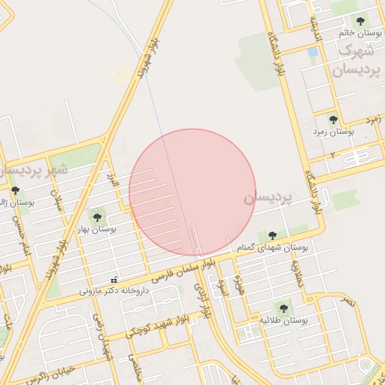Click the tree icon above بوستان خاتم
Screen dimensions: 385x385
pyautogui.click(x=360, y=21)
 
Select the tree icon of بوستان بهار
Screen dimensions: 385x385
pyautogui.click(x=95, y=217)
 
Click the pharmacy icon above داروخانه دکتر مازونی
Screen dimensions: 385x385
pyautogui.click(x=114, y=280)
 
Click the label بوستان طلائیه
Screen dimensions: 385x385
pyautogui.click(x=284, y=320)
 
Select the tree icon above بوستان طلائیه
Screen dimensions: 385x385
pyautogui.click(x=283, y=308)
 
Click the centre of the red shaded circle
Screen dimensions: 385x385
pyautogui.click(x=192, y=192)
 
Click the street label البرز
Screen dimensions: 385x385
pyautogui.click(x=114, y=181)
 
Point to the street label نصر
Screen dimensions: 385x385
pyautogui.click(x=347, y=301)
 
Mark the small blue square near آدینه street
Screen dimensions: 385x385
pyautogui.click(x=313, y=53)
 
